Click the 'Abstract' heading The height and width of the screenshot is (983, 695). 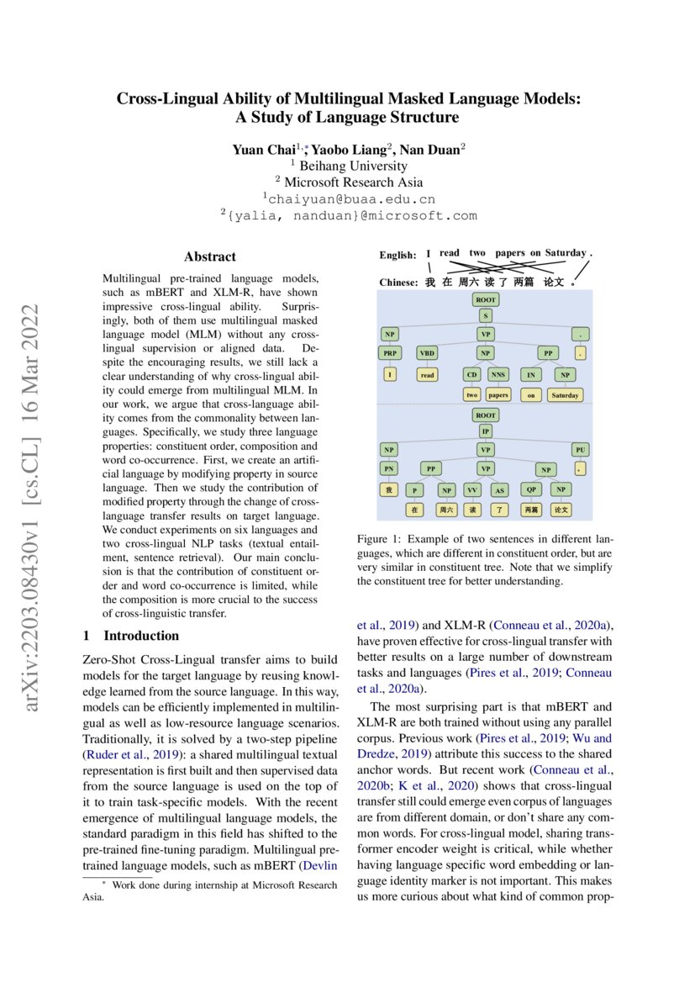tap(210, 257)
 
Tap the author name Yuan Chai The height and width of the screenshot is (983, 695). tap(261, 150)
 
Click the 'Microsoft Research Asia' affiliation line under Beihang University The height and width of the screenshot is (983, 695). tap(349, 182)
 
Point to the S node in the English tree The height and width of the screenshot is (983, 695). tap(485, 315)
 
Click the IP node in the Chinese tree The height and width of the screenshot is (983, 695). tap(485, 431)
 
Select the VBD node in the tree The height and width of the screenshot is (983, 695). tap(427, 353)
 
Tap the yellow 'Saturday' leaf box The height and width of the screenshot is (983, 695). tap(564, 394)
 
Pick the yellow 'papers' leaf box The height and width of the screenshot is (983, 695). tap(498, 394)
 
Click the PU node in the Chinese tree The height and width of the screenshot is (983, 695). tap(581, 450)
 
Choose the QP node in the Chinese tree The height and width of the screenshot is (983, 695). tap(530, 489)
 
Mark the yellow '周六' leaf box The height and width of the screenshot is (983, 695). tap(446, 510)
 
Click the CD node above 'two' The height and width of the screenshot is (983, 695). tap(471, 374)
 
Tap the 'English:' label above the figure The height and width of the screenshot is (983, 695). tap(398, 255)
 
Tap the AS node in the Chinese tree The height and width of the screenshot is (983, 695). tap(498, 489)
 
